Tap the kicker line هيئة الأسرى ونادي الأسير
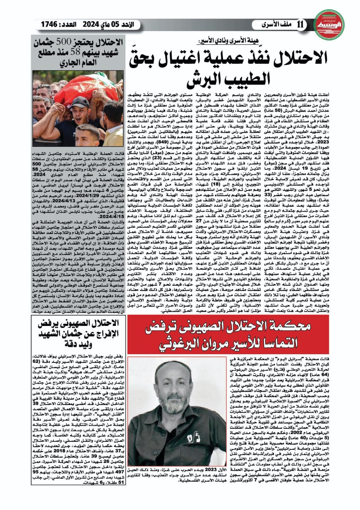click(x=222, y=41)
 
